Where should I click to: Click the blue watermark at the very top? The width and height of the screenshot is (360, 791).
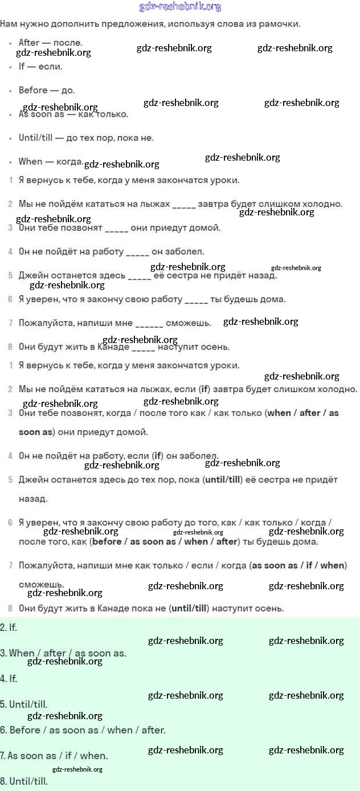pos(180,7)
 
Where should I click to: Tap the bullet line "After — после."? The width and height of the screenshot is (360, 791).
pos(50,43)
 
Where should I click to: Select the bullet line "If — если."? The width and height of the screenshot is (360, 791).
pos(40,66)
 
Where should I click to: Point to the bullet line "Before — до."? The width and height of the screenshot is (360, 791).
pos(46,90)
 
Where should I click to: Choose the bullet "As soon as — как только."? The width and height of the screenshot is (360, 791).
pos(73,114)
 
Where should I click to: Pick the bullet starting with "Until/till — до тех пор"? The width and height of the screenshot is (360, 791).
pos(85,138)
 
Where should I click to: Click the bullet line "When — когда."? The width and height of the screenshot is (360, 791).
pos(51,161)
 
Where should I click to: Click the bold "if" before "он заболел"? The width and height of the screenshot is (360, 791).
pos(157,456)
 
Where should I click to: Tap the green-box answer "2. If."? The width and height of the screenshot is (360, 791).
pos(9,627)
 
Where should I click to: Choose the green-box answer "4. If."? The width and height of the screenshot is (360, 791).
pos(9,679)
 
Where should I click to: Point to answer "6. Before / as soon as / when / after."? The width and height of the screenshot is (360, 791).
pos(83,730)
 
